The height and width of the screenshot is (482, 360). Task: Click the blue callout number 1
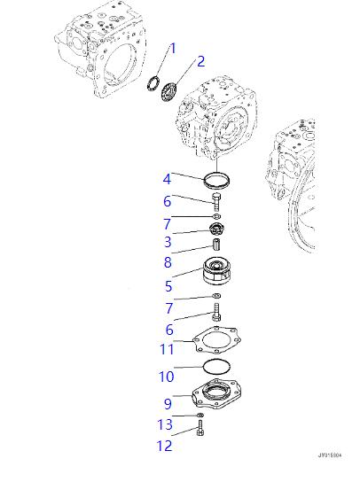pos(173,48)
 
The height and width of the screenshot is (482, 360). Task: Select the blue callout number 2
pos(200,61)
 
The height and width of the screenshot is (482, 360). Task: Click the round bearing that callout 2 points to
pos(168,91)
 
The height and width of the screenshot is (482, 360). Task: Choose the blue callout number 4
pos(167,179)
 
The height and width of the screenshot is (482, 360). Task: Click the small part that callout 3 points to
pos(216,229)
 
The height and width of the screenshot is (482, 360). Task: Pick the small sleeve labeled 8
pos(216,245)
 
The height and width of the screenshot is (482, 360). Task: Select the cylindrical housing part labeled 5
pos(216,271)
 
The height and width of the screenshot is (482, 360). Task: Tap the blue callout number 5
pos(168,286)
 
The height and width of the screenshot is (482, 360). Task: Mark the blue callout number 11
pos(167,349)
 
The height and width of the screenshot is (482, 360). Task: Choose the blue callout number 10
pos(167,377)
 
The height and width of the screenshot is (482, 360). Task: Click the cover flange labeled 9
pos(216,393)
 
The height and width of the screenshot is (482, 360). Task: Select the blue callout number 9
pos(168,403)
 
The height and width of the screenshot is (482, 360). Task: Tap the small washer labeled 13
pos(200,416)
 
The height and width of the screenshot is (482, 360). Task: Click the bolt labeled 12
pos(200,428)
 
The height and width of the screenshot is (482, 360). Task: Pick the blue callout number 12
pos(165,446)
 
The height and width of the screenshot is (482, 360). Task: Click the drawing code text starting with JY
pos(330,455)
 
